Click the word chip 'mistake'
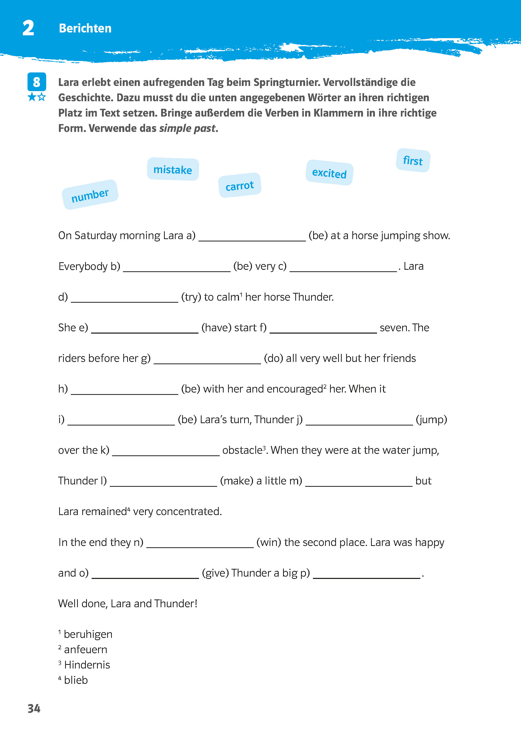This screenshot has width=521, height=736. [x=173, y=169]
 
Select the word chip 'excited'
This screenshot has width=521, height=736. [x=329, y=173]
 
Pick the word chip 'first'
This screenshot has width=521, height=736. [x=413, y=160]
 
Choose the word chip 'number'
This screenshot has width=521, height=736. [x=90, y=195]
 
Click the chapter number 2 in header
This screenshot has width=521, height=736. [x=28, y=28]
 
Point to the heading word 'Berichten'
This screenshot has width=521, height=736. [x=85, y=28]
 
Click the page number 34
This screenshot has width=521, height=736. [x=34, y=708]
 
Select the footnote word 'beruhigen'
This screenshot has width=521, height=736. [x=88, y=634]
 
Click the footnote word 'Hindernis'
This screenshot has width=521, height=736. [x=87, y=665]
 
